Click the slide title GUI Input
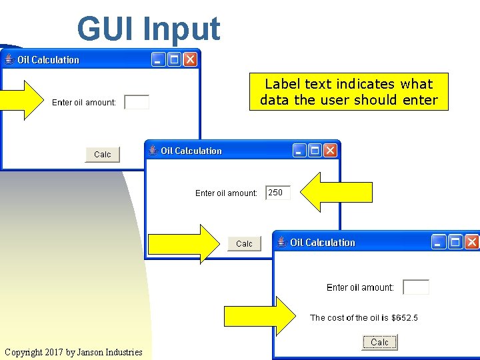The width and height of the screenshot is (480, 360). pos(148,29)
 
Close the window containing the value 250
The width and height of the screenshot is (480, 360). pos(330,151)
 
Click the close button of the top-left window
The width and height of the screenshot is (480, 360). pos(190,60)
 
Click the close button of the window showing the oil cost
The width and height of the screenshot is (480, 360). pos(471,242)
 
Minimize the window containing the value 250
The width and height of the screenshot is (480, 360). pos(299,151)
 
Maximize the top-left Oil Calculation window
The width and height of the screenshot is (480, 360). pos(174,60)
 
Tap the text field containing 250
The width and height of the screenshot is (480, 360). pos(278,193)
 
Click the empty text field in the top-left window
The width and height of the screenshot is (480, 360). pos(137,102)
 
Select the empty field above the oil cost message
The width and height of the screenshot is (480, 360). pos(416,287)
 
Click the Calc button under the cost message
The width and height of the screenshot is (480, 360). pos(379,343)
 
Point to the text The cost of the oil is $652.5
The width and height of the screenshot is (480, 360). pos(364,318)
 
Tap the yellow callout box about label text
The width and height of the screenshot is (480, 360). pos(349,92)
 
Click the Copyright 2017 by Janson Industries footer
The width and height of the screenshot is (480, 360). pos(73,352)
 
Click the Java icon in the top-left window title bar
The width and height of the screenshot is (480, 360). pos(9,60)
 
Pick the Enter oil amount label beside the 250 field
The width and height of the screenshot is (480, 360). pos(226,193)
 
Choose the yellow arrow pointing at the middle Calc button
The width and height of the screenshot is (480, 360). pos(183,243)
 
